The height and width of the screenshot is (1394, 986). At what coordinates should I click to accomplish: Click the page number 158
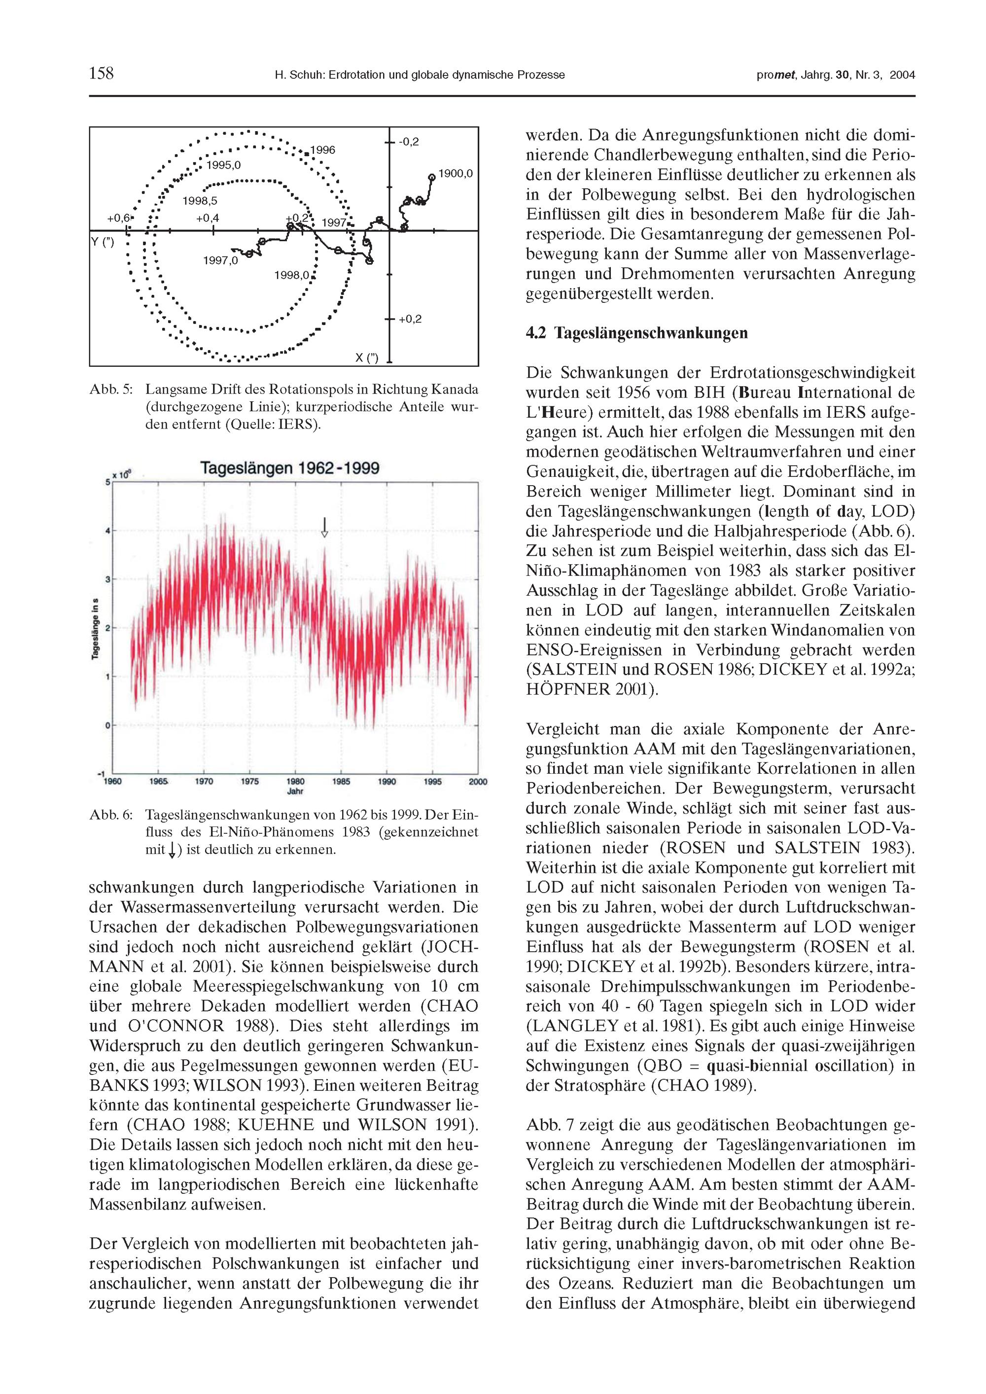102,73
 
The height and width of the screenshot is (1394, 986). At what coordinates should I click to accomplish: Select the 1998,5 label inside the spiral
200,201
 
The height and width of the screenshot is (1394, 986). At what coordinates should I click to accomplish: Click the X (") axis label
367,357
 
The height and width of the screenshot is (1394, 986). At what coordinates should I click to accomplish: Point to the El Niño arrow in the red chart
324,527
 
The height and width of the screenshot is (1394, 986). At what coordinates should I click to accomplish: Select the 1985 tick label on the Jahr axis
341,782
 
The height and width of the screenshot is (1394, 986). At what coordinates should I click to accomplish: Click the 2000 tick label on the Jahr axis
478,782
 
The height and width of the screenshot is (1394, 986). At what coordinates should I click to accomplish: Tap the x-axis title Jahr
295,792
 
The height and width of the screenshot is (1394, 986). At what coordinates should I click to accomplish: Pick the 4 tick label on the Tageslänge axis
107,531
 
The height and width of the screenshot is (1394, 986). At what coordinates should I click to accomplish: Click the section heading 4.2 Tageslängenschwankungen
636,333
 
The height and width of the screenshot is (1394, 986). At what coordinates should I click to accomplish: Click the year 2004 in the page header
902,75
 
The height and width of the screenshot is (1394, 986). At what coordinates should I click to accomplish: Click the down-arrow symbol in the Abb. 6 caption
172,851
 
